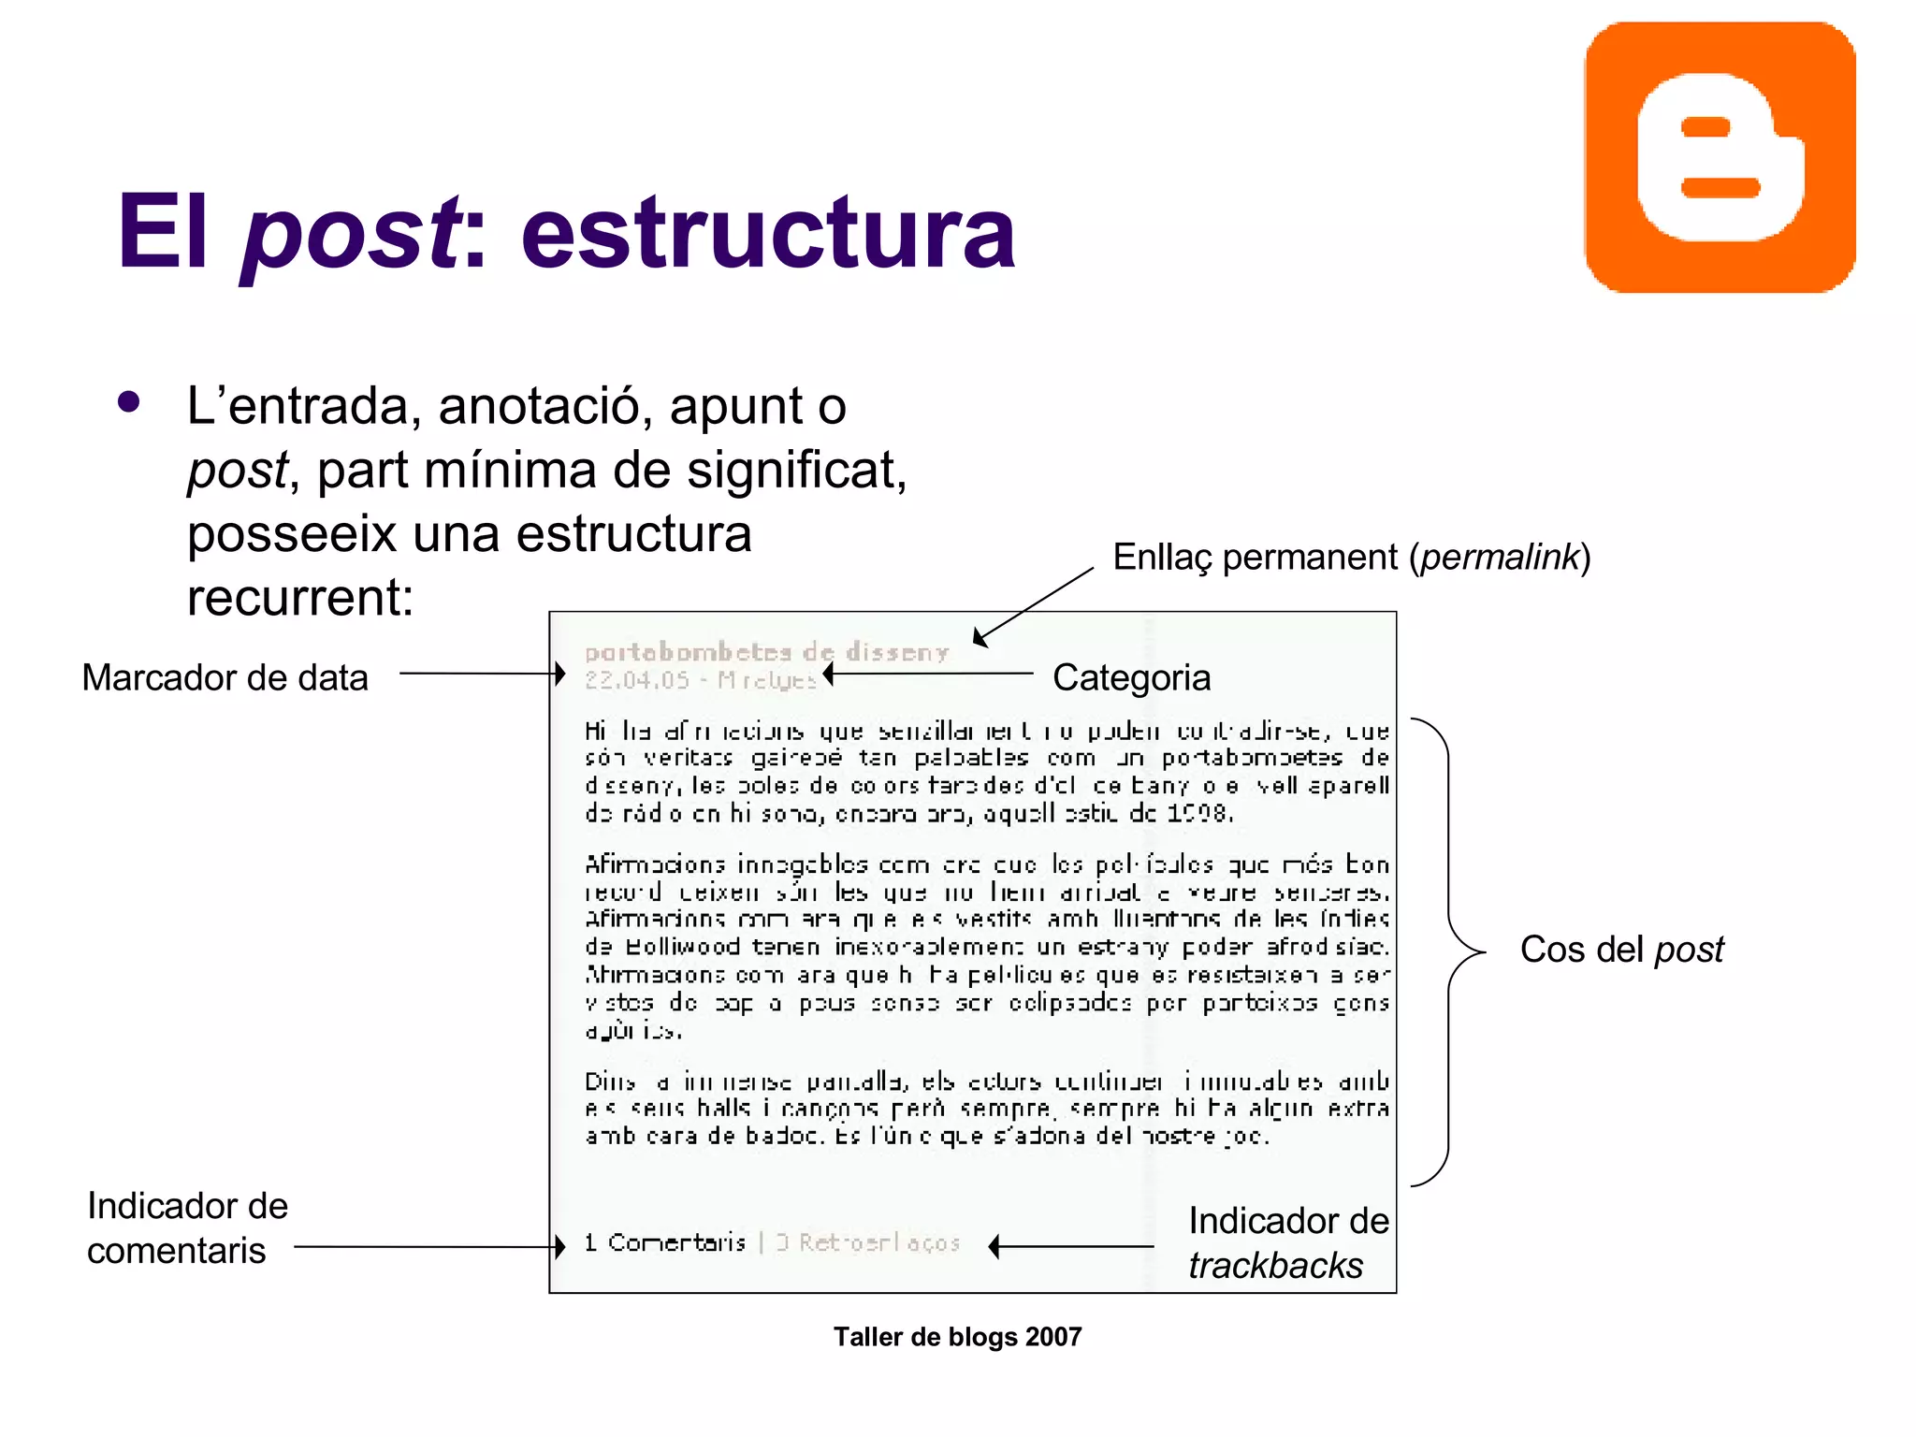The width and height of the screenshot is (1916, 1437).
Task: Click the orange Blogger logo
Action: pos(1720,157)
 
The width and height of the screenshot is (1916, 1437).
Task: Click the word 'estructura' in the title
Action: pos(767,232)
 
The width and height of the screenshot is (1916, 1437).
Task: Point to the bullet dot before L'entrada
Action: pos(129,402)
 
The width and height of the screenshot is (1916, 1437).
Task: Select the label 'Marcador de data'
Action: pos(225,677)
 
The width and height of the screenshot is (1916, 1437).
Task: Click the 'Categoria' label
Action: pos(1131,677)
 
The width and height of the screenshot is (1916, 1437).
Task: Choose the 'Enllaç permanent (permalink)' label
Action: pos(1351,557)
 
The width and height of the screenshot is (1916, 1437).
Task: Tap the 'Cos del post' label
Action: pos(1621,950)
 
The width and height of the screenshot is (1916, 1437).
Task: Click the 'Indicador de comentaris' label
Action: pos(187,1227)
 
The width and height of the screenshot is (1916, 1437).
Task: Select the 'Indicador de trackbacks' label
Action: pos(1287,1242)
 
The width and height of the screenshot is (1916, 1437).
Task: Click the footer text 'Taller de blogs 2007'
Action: pos(957,1337)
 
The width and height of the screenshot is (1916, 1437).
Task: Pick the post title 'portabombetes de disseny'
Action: pos(766,651)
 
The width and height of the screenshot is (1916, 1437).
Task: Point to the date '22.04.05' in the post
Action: pos(636,680)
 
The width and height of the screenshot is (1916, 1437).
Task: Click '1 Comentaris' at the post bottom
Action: pos(665,1242)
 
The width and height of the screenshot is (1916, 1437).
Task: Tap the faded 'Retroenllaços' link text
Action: pos(879,1242)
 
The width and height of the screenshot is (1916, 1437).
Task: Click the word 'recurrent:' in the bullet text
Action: pos(300,597)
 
